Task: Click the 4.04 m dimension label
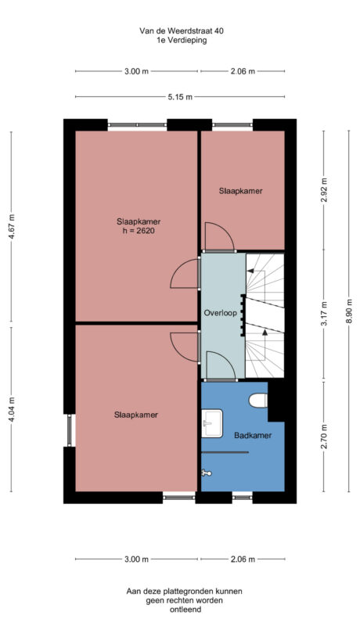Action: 10,411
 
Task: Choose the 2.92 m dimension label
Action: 324,190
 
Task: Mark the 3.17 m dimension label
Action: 324,315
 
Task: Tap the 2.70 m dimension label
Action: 324,436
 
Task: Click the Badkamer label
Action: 253,436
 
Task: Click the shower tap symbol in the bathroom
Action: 207,472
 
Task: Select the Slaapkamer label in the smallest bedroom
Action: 240,190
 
